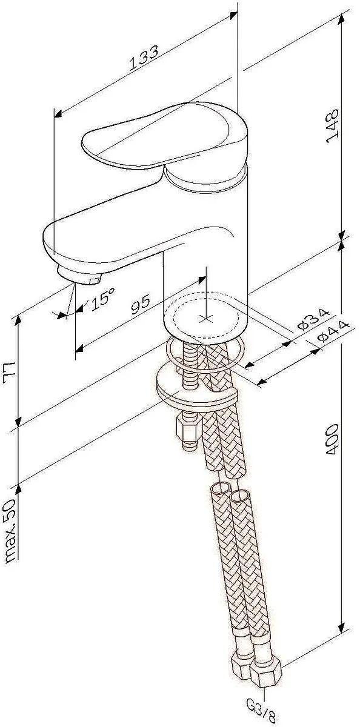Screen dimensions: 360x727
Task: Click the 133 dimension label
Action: point(144,58)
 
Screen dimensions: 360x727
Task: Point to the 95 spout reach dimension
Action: point(141,304)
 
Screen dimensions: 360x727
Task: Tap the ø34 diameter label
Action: point(313,319)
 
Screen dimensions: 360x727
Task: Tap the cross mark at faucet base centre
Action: point(206,319)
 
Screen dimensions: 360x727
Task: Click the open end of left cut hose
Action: point(221,488)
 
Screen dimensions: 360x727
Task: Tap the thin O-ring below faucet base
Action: point(205,352)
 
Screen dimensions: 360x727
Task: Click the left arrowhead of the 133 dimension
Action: point(58,114)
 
